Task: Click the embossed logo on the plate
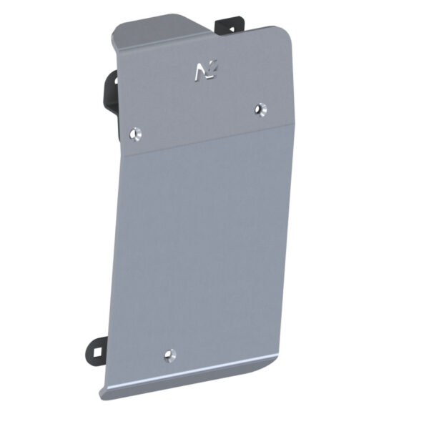point(204,71)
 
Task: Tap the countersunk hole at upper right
point(261,109)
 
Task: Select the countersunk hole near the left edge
point(136,133)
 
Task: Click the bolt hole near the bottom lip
point(169,354)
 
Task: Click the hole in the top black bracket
point(230,28)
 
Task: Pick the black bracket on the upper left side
point(111,93)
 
